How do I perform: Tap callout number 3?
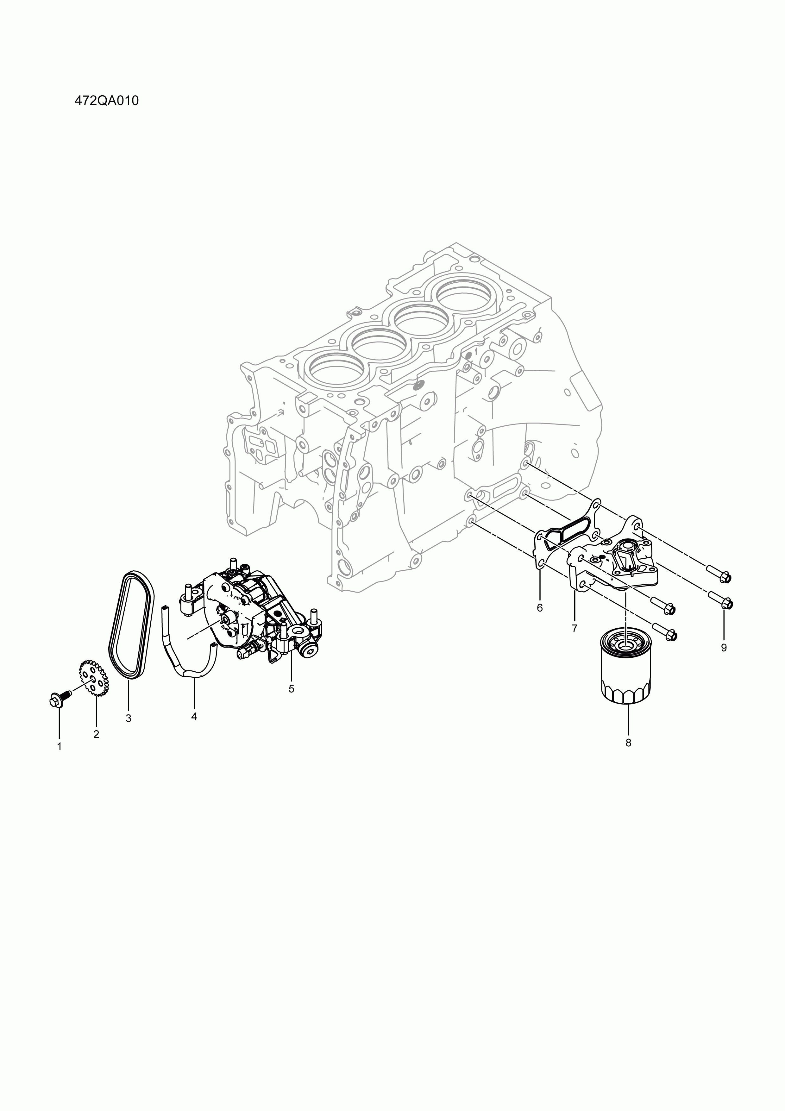click(129, 719)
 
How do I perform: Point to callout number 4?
click(194, 716)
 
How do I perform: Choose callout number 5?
click(291, 688)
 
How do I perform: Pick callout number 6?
click(540, 608)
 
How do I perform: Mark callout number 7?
click(575, 629)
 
